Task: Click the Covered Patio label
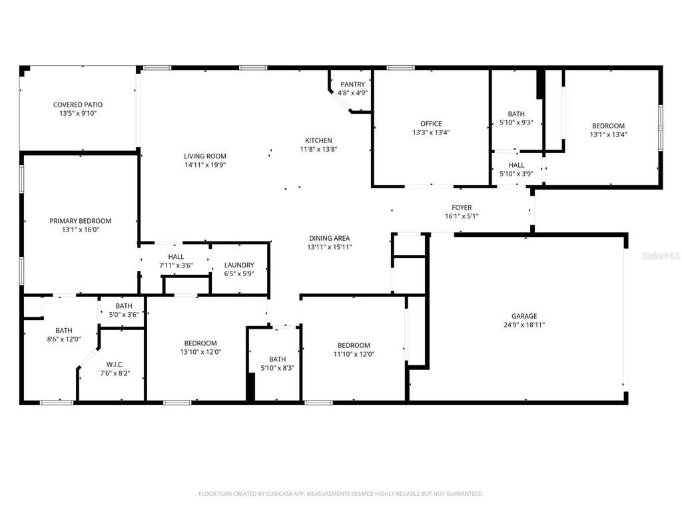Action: pos(78,104)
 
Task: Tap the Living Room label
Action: pos(205,156)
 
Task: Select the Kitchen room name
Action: pos(318,140)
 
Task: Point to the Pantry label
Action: pos(352,85)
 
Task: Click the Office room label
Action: pos(431,124)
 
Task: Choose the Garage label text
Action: pos(524,316)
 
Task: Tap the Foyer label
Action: pos(462,208)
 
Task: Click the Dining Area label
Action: pos(329,238)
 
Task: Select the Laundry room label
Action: pos(238,265)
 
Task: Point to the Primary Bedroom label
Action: pos(80,221)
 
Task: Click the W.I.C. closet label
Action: pos(115,365)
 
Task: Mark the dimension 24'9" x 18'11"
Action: pos(524,325)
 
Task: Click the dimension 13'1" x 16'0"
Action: pos(80,230)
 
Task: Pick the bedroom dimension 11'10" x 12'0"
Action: pos(353,354)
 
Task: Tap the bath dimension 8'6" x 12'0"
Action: pos(64,339)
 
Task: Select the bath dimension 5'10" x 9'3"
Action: pos(516,122)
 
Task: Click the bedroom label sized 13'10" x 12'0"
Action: pos(200,343)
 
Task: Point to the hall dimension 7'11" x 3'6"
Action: pos(176,265)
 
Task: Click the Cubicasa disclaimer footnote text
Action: pos(341,494)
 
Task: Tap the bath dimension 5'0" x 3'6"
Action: pos(123,315)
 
